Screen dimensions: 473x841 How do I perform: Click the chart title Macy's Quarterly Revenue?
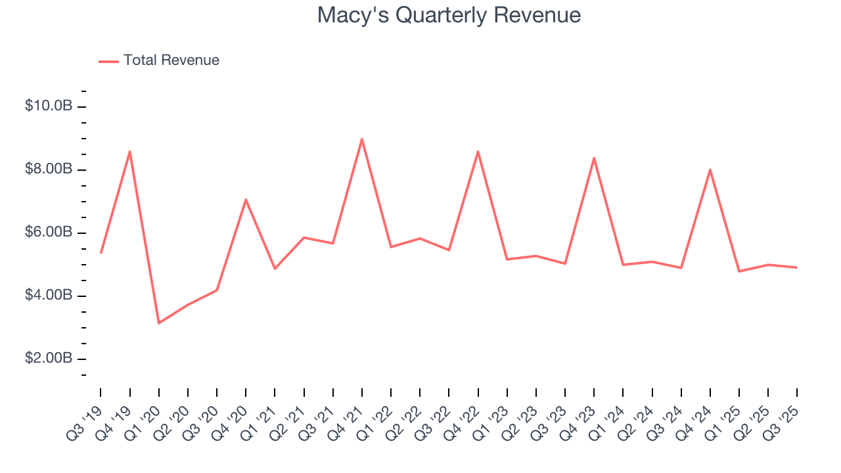[449, 15]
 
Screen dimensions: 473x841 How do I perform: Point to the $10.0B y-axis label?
[49, 106]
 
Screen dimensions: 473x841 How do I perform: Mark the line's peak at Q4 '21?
[362, 139]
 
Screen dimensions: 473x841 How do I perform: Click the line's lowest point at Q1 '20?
[159, 323]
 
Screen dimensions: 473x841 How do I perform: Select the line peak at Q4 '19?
[130, 151]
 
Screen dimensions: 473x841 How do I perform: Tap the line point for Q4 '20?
[246, 199]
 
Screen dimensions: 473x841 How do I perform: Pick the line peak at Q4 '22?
[478, 151]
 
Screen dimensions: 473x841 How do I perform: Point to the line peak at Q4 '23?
[594, 158]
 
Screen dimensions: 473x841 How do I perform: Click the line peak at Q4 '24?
[710, 169]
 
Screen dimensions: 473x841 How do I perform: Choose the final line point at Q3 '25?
[797, 267]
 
